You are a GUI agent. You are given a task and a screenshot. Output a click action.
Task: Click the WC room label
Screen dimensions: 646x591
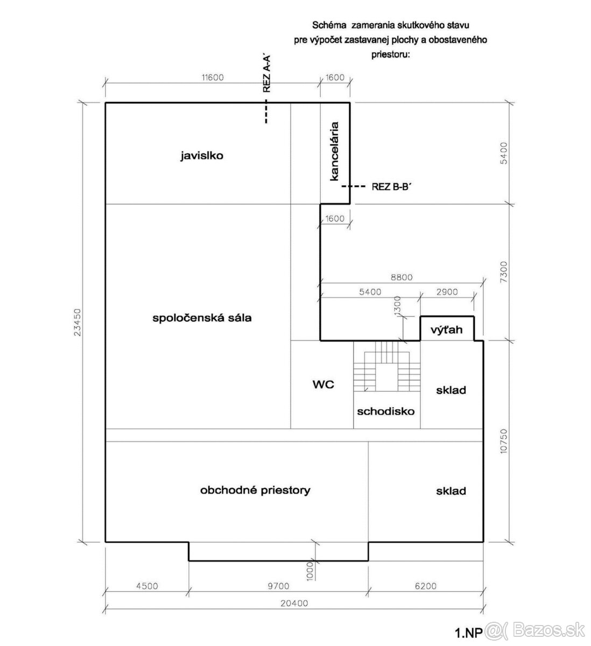tap(323, 384)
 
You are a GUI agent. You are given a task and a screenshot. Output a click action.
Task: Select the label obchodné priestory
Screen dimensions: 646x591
tap(255, 490)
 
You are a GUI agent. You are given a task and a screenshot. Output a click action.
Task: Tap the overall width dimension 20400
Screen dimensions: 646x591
tap(294, 603)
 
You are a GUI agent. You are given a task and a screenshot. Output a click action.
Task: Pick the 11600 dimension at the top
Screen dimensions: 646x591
tap(212, 78)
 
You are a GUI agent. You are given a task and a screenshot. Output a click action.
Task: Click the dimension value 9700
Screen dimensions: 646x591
tap(278, 586)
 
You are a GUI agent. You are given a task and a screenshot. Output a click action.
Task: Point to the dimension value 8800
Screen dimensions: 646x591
tap(401, 277)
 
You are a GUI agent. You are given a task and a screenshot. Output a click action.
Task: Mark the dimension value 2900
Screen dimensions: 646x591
tap(447, 292)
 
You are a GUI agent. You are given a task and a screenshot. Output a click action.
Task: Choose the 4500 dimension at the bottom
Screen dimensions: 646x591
tap(146, 586)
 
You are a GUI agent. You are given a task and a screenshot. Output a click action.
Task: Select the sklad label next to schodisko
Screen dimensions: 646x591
tap(451, 390)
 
